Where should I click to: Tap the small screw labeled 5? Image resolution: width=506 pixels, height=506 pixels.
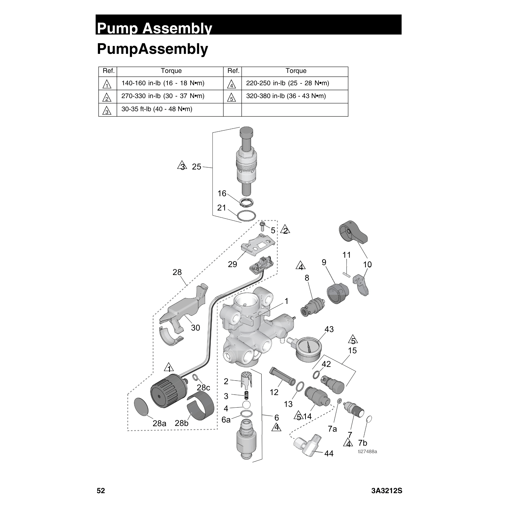(x=262, y=226)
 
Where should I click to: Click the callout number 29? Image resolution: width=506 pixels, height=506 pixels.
(x=232, y=264)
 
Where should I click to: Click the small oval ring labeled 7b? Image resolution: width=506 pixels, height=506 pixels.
(x=369, y=419)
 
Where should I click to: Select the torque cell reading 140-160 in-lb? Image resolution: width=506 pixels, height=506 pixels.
(x=163, y=83)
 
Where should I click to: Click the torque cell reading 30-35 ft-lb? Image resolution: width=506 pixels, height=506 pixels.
(x=157, y=109)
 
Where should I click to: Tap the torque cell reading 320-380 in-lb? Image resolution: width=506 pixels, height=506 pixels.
(x=286, y=96)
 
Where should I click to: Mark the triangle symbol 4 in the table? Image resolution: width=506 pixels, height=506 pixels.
(x=232, y=84)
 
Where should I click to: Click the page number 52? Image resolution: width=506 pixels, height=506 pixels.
(x=101, y=490)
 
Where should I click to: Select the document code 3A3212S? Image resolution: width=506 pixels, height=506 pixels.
(x=387, y=490)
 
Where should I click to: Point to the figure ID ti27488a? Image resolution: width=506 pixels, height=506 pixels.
(x=367, y=452)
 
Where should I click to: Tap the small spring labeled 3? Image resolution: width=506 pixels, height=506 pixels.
(x=246, y=395)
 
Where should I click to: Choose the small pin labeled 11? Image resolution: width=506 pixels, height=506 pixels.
(x=346, y=274)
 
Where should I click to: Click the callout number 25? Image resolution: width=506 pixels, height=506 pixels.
(x=196, y=167)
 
